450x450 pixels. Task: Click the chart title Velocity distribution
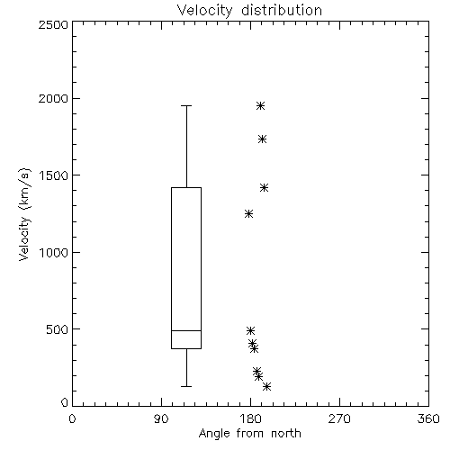tap(249, 10)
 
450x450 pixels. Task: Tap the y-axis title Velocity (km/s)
tap(24, 214)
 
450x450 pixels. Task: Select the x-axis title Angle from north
tap(249, 433)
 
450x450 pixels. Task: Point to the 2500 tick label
tap(53, 24)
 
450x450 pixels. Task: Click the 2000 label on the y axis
tap(53, 98)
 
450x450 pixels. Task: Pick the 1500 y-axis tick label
tap(54, 175)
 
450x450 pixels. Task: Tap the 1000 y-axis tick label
tap(54, 252)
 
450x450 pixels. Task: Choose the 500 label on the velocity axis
tap(58, 329)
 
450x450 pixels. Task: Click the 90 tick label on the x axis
tap(162, 418)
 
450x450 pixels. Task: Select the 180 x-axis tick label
tap(250, 418)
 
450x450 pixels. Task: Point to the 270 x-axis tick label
tap(339, 418)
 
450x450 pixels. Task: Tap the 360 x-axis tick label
tap(428, 418)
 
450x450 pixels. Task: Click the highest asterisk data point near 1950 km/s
tap(260, 105)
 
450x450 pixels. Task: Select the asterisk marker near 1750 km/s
tap(263, 139)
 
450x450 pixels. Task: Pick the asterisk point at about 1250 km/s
tap(248, 213)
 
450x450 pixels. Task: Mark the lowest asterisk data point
tap(266, 386)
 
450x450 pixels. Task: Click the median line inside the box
tap(186, 330)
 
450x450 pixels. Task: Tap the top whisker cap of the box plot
tap(186, 105)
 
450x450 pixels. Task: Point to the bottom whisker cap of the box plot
tap(186, 386)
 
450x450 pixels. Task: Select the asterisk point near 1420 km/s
tap(264, 188)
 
